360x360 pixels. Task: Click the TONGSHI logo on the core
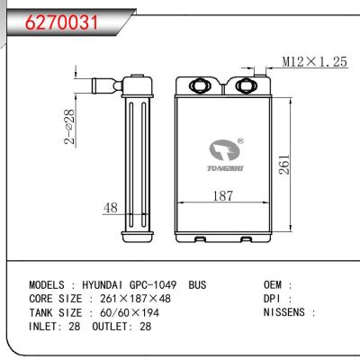(x=220, y=154)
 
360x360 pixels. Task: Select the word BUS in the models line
(x=198, y=285)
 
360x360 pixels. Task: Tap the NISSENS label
(x=283, y=312)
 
